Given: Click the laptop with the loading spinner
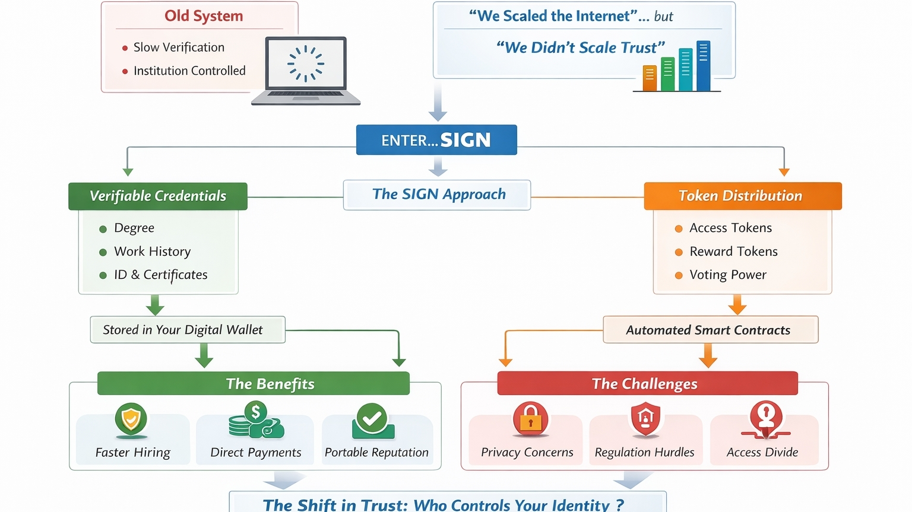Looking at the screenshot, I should (x=306, y=70).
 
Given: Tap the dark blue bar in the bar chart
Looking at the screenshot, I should (x=703, y=66).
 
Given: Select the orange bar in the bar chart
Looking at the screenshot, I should (x=650, y=78).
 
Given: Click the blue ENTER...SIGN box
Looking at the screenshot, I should (x=436, y=140).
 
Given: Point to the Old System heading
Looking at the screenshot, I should (x=204, y=16).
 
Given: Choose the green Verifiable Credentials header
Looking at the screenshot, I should (x=158, y=196).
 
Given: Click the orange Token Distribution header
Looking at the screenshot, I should (x=742, y=196).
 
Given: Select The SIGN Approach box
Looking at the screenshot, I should (x=437, y=195).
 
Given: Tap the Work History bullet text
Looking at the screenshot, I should (x=153, y=252).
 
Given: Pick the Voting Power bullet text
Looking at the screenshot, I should (x=728, y=275).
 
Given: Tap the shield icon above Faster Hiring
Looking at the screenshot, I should (x=131, y=418).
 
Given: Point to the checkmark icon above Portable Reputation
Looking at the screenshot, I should (x=373, y=419).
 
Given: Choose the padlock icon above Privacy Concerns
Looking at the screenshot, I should (x=530, y=418).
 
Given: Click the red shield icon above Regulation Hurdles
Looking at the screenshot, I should (x=645, y=418).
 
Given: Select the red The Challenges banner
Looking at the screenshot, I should (x=647, y=384).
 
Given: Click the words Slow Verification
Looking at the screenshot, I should (x=179, y=47).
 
